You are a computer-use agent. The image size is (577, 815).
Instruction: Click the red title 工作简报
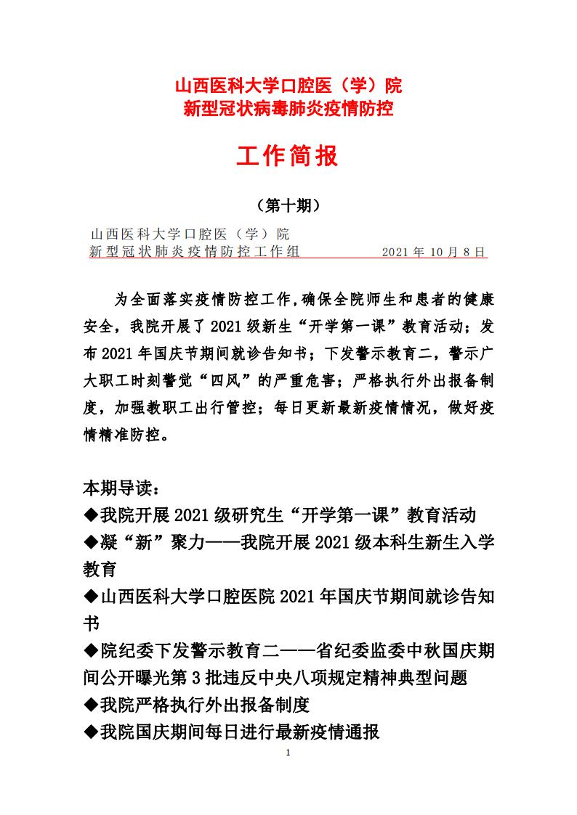click(288, 155)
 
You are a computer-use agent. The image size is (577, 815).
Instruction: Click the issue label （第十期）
click(288, 206)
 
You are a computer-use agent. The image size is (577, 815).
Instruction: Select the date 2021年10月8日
click(434, 253)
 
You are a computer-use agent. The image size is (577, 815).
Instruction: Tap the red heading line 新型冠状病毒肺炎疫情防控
click(288, 110)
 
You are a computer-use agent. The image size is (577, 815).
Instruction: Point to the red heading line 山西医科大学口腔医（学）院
click(288, 87)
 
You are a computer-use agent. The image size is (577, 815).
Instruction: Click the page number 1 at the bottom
click(288, 753)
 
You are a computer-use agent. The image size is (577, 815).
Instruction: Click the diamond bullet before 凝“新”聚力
click(92, 542)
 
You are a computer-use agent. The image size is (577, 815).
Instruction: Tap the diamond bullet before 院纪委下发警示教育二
click(92, 650)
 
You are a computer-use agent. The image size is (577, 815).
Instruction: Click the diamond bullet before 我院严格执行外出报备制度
click(92, 704)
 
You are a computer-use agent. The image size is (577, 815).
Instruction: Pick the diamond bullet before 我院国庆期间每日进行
click(92, 732)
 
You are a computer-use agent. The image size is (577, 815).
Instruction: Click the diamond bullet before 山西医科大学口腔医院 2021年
click(92, 597)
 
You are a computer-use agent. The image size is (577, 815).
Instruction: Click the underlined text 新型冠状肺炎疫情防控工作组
click(194, 253)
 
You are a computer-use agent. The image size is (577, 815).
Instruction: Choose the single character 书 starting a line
click(92, 623)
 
